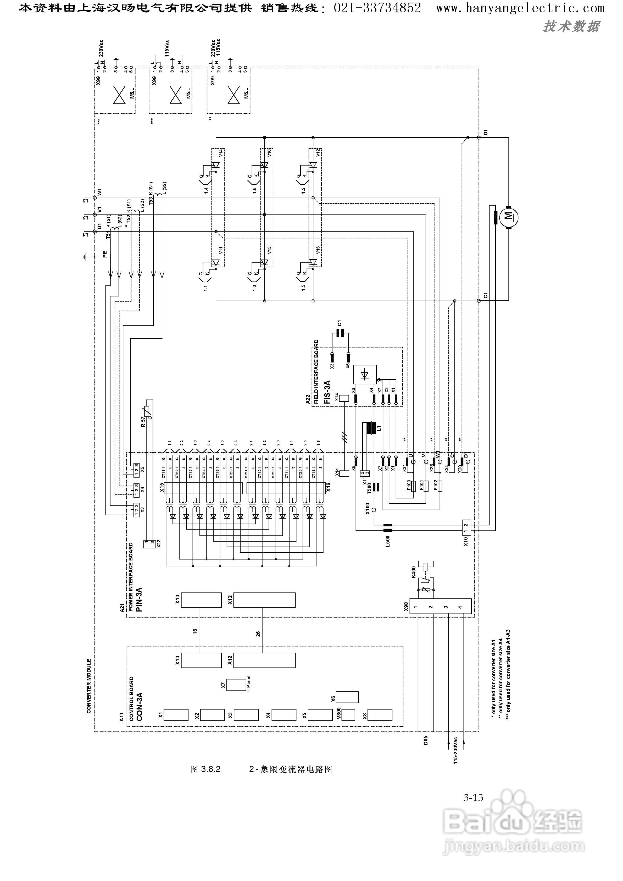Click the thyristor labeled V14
(x=216, y=165)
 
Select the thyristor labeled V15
(x=313, y=262)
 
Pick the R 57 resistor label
(x=143, y=422)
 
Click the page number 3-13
(x=473, y=798)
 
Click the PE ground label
(x=105, y=254)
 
